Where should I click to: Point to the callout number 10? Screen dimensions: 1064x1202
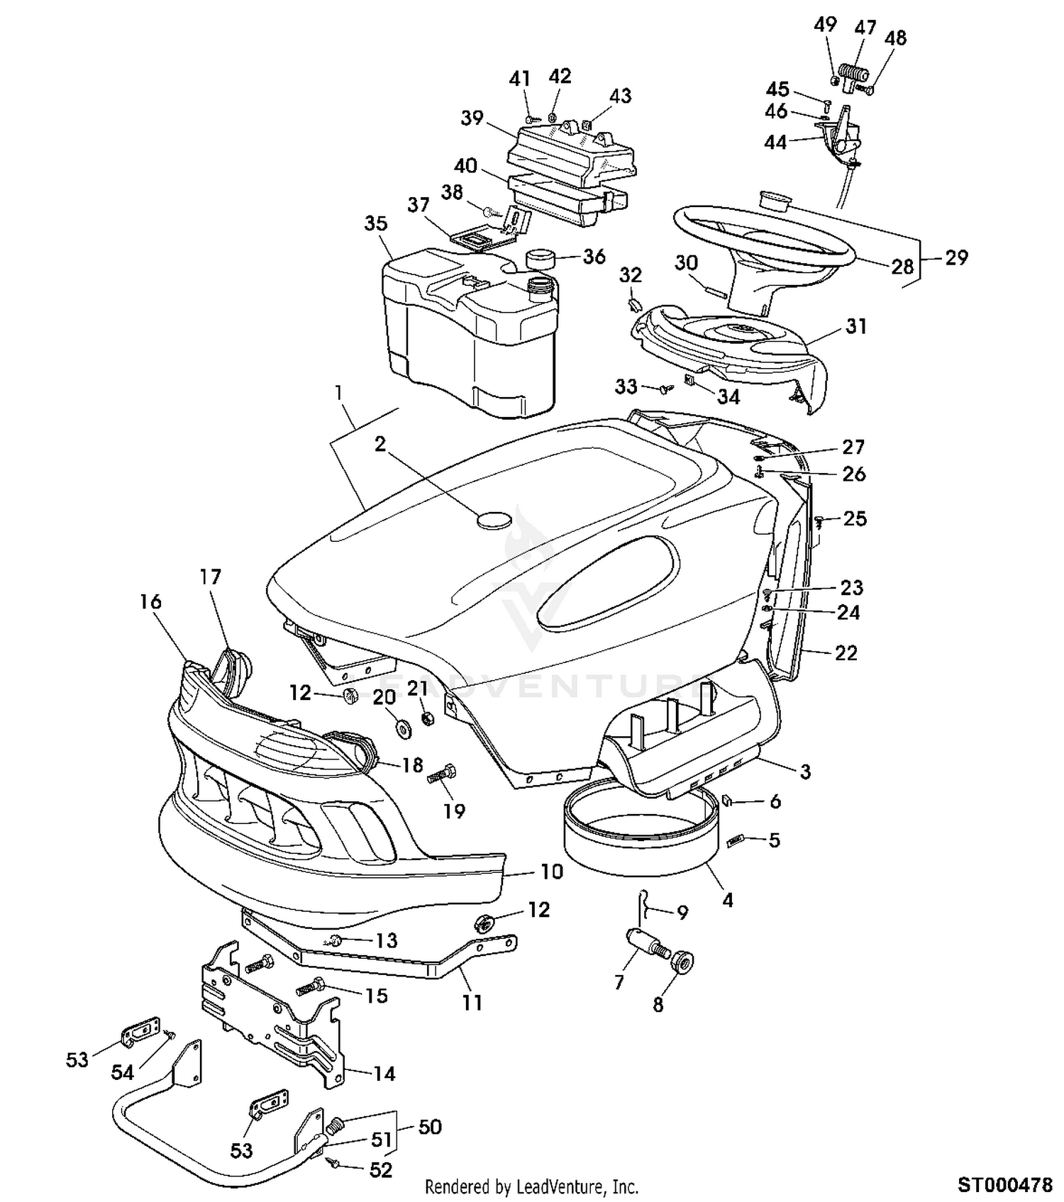click(x=551, y=872)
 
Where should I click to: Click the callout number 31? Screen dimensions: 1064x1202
click(x=856, y=326)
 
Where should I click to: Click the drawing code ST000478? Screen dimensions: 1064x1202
click(x=1005, y=1184)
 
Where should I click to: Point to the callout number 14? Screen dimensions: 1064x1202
click(x=384, y=1074)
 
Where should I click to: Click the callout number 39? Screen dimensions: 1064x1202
click(x=472, y=118)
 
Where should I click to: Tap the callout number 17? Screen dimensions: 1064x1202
click(x=210, y=577)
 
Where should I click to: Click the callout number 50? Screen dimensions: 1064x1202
click(x=430, y=1127)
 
